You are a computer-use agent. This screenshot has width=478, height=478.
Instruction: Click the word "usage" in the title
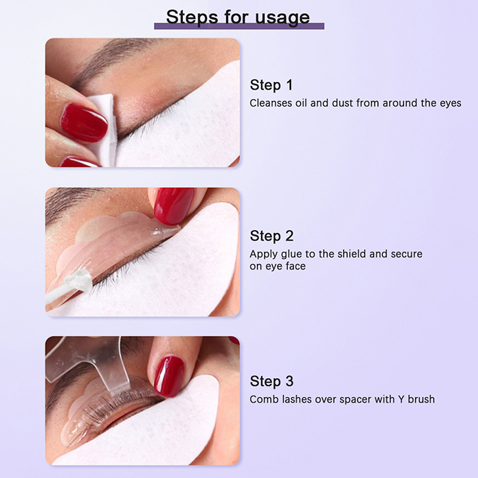point(282,18)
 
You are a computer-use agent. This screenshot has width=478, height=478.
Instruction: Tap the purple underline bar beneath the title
point(239,26)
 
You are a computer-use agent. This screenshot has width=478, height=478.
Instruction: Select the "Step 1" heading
point(271,85)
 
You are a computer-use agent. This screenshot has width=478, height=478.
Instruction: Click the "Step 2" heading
point(271,236)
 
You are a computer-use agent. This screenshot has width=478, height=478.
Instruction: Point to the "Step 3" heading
point(271,381)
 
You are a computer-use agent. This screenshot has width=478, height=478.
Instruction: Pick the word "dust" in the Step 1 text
point(342,103)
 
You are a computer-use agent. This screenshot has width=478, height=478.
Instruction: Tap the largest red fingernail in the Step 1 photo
point(84,122)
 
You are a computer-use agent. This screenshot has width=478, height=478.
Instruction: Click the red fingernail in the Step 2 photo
point(173,205)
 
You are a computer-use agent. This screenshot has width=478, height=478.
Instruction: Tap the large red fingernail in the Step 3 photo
point(169,376)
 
